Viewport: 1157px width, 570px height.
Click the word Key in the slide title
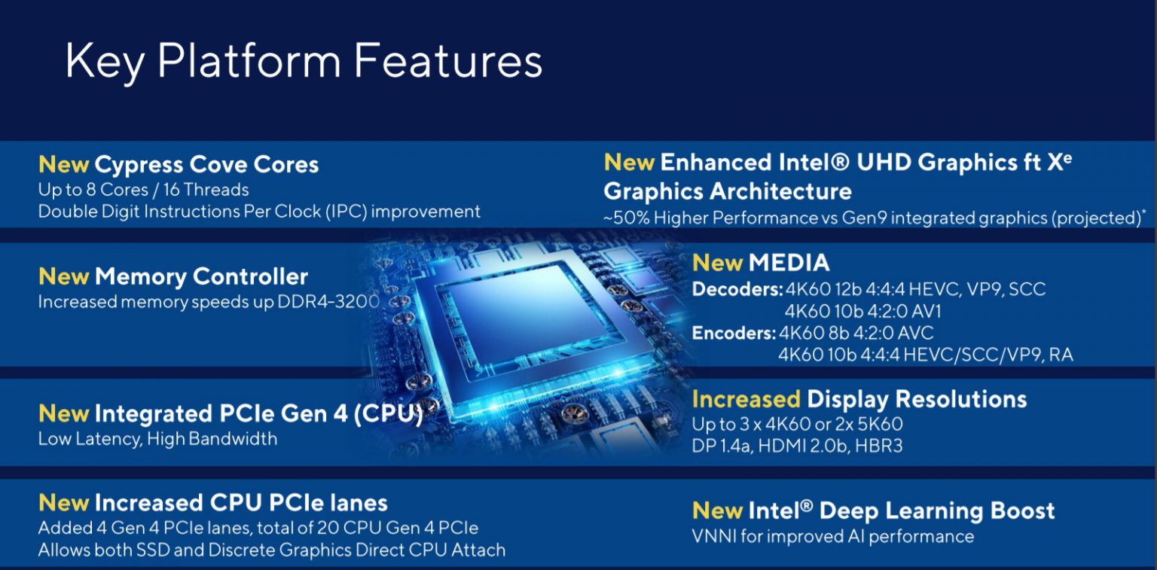click(x=105, y=62)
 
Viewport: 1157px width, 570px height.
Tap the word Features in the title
click(x=448, y=61)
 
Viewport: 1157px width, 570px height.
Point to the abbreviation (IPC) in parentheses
click(x=346, y=212)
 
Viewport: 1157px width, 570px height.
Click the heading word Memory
click(x=141, y=278)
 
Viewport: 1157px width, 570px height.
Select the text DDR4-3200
click(x=328, y=301)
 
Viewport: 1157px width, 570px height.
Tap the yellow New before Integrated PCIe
click(x=63, y=413)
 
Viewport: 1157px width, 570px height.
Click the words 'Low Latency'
click(x=88, y=440)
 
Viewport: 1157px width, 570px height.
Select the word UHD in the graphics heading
click(x=884, y=163)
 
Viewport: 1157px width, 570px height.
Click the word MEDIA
click(x=789, y=263)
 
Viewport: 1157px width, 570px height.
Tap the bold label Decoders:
click(x=737, y=290)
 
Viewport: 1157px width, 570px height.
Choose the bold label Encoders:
click(x=734, y=333)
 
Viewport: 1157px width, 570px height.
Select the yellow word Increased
click(x=746, y=399)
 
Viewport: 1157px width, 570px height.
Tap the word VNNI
click(x=714, y=536)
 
